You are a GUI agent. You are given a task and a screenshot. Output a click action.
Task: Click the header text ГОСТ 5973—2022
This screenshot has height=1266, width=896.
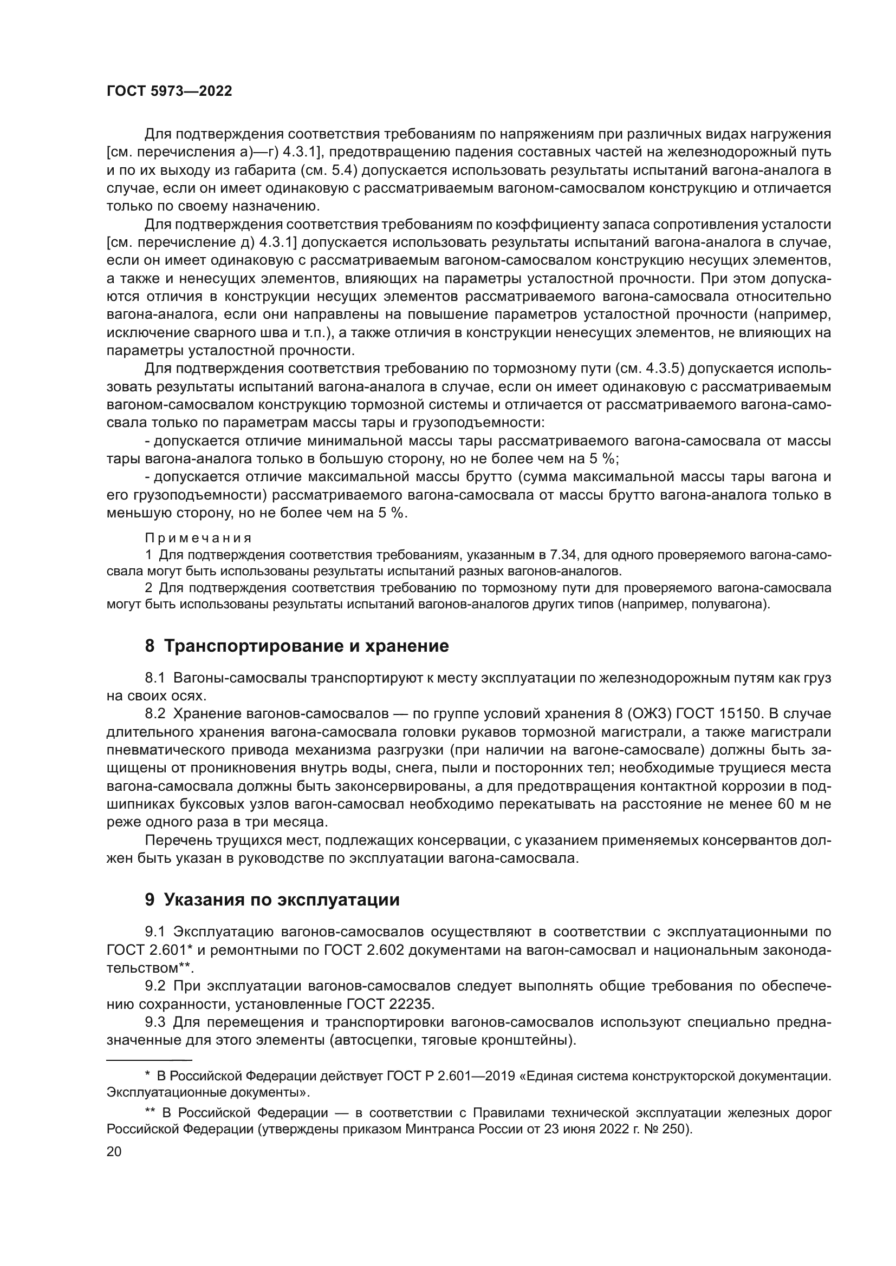[169, 91]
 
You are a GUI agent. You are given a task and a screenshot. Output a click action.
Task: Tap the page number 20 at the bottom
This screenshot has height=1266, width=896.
[114, 1151]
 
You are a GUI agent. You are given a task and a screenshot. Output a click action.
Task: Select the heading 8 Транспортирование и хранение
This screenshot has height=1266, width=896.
[297, 646]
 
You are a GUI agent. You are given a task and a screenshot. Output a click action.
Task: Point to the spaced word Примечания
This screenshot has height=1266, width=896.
[198, 537]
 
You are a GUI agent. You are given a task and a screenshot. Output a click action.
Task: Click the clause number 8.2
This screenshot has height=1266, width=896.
[155, 713]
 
